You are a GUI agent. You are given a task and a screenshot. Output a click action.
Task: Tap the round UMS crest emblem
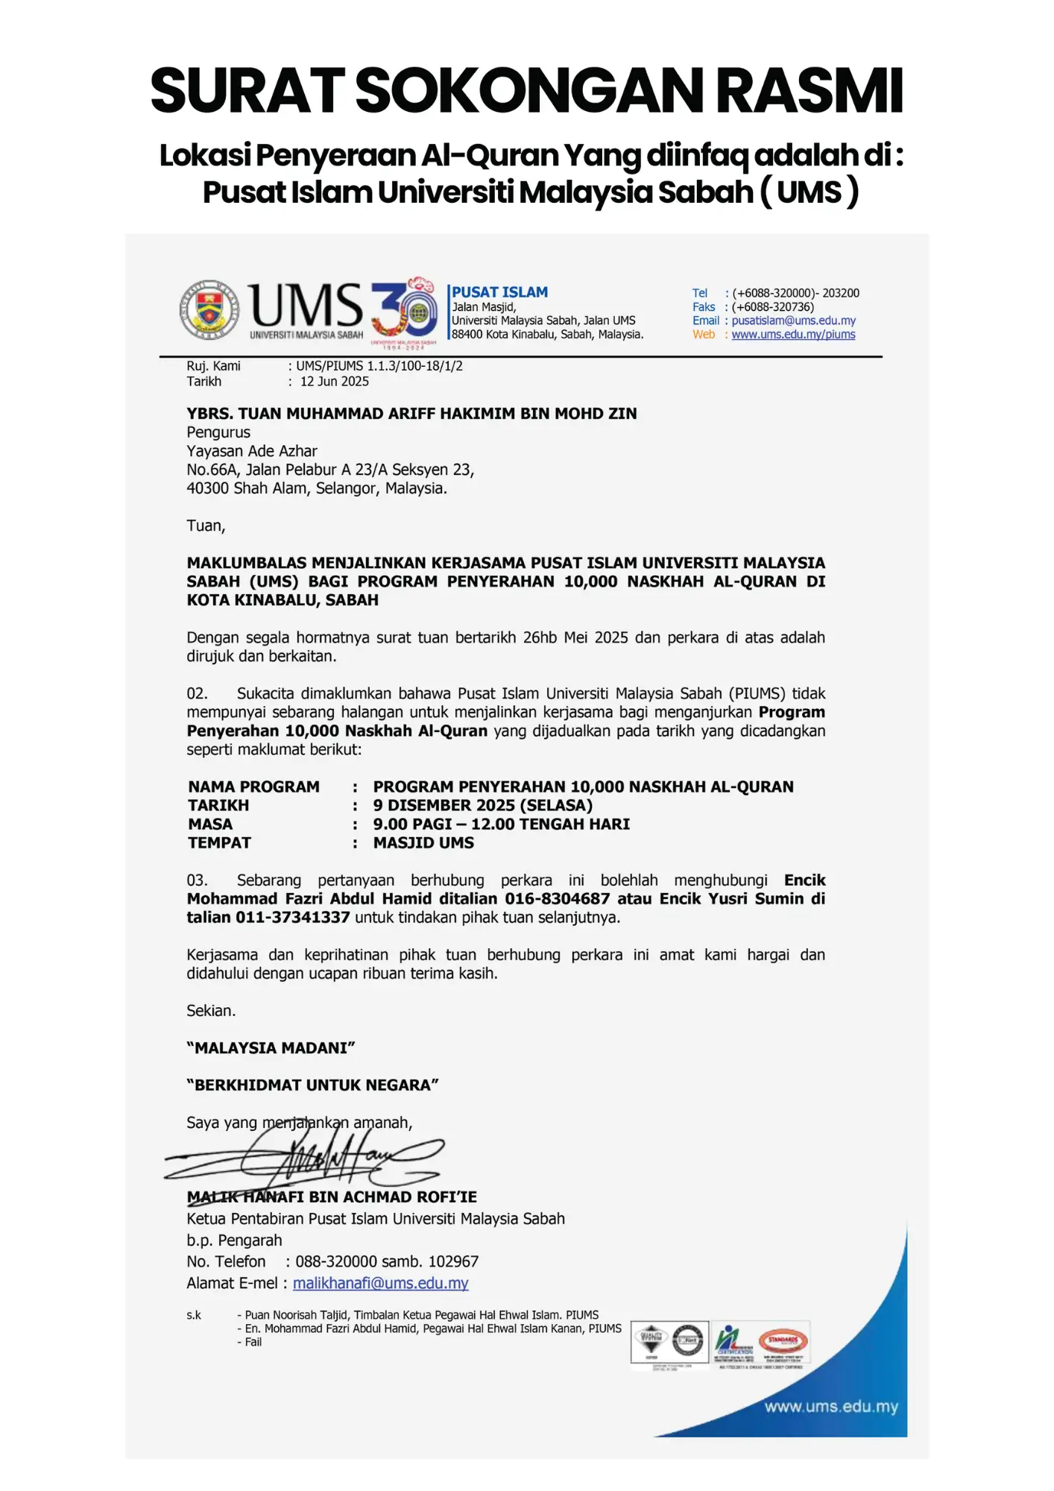click(x=209, y=310)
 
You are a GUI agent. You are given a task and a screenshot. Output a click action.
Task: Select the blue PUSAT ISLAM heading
click(x=499, y=292)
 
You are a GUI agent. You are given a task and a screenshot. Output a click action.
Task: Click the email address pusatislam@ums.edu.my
click(x=793, y=321)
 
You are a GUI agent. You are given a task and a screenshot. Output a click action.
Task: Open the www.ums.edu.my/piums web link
click(x=793, y=335)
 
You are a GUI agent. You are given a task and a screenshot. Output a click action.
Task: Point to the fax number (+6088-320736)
click(x=773, y=307)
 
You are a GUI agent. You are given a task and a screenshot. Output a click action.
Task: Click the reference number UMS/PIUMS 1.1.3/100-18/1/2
click(x=379, y=366)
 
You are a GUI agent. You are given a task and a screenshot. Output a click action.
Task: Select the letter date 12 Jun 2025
click(x=335, y=382)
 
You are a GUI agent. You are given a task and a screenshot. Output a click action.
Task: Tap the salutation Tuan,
click(x=206, y=526)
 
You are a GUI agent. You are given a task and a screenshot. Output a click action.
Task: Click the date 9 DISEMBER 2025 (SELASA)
click(x=482, y=806)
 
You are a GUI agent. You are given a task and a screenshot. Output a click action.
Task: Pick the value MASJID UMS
click(x=423, y=843)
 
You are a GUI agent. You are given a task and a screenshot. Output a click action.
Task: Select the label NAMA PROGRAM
click(x=253, y=787)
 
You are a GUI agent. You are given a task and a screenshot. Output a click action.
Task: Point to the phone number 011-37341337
click(x=293, y=918)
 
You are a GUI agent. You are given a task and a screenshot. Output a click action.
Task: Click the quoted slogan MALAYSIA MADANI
click(x=271, y=1048)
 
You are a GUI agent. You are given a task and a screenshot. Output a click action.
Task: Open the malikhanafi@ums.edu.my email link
click(x=380, y=1283)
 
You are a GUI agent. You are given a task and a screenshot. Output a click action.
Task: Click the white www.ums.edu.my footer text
click(x=830, y=1407)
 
